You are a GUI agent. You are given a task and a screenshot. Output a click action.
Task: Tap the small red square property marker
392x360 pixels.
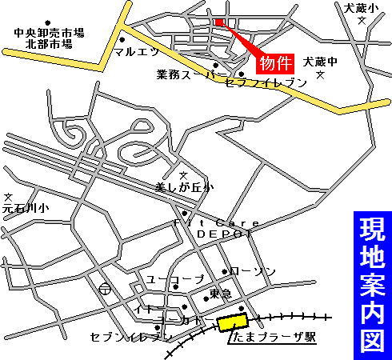[219, 22]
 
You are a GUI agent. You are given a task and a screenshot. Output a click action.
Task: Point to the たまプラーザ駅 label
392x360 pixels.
[272, 338]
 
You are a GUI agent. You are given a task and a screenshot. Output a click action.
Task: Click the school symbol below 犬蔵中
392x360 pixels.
[321, 75]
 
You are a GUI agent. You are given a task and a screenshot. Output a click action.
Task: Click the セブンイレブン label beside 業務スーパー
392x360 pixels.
[254, 82]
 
